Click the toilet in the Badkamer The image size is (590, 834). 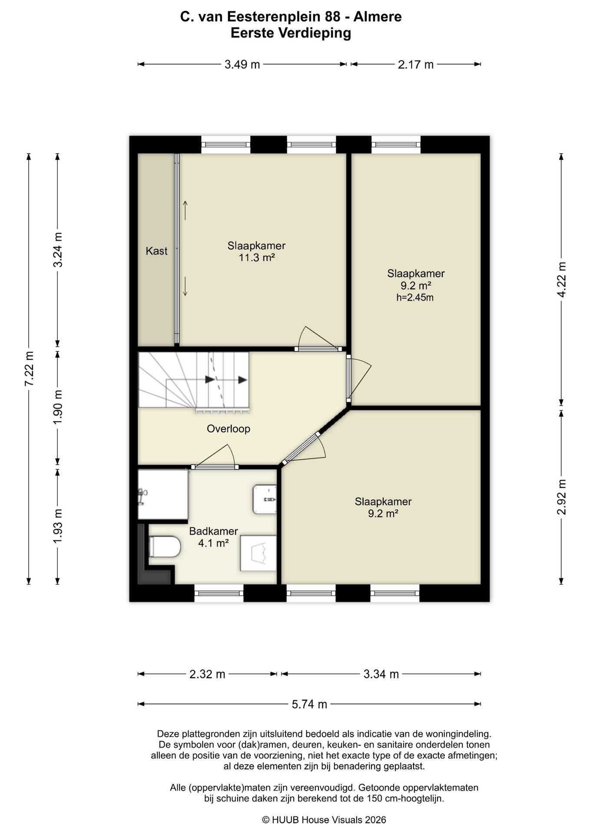[164, 546]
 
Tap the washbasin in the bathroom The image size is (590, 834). [265, 500]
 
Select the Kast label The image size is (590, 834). [156, 251]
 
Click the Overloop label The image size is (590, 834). [229, 429]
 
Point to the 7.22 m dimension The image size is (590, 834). [29, 369]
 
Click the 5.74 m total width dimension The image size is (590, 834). [309, 704]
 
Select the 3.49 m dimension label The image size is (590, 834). [242, 65]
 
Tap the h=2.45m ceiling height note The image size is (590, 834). [415, 298]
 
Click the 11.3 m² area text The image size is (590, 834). [257, 258]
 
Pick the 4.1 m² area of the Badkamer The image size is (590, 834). [213, 543]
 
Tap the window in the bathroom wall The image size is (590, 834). [219, 593]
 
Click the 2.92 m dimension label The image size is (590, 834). [562, 497]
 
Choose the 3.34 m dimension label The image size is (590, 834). [381, 674]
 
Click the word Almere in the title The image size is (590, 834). [377, 17]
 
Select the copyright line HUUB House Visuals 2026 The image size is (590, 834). [324, 820]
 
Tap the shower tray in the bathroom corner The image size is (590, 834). [163, 494]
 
